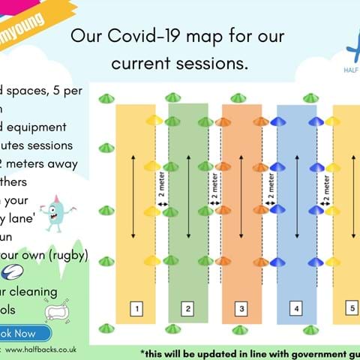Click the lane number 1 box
point(136,307)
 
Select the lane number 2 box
point(189,307)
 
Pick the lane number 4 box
point(296,307)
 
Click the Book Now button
point(22,333)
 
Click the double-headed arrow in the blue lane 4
point(297,199)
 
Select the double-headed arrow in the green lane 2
point(189,199)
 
